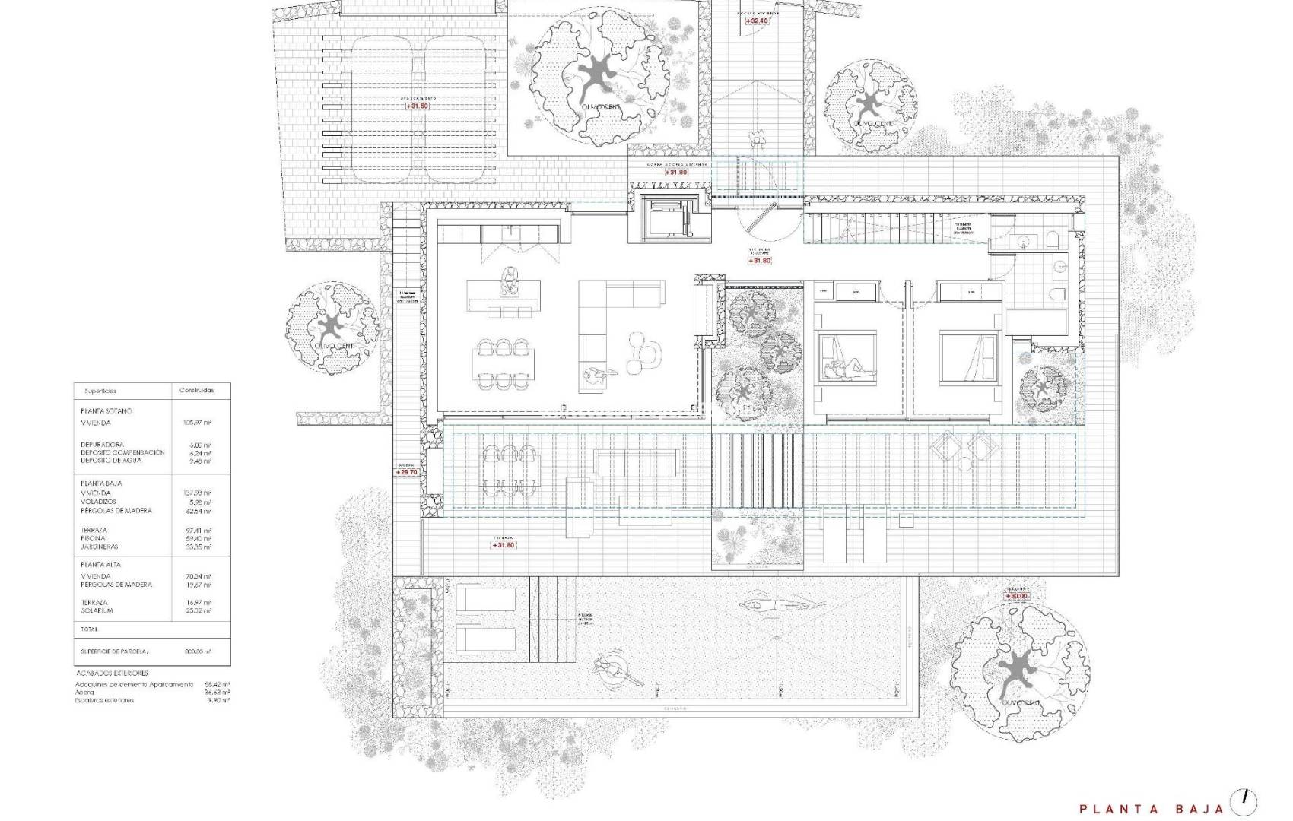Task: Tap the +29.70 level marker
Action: click(407, 472)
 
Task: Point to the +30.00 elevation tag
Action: click(1017, 597)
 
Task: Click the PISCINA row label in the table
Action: click(94, 538)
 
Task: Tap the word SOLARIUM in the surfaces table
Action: click(97, 610)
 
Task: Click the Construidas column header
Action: click(196, 391)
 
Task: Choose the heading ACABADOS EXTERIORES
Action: click(112, 673)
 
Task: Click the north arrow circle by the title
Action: click(1244, 801)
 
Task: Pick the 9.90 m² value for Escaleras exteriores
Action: click(220, 700)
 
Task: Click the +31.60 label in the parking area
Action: click(417, 106)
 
